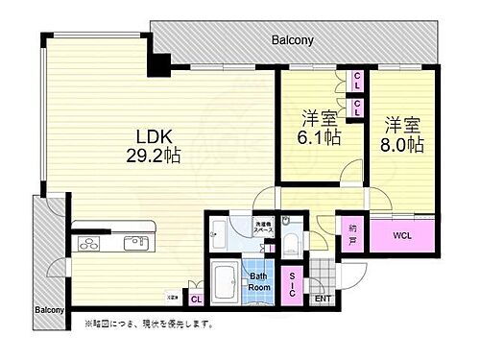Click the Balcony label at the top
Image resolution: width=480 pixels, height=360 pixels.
point(292,41)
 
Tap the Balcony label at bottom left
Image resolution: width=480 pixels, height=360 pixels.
point(50,309)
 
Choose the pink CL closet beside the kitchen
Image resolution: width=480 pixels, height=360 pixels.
point(195,299)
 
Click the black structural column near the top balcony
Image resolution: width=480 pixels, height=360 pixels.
point(156,64)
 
